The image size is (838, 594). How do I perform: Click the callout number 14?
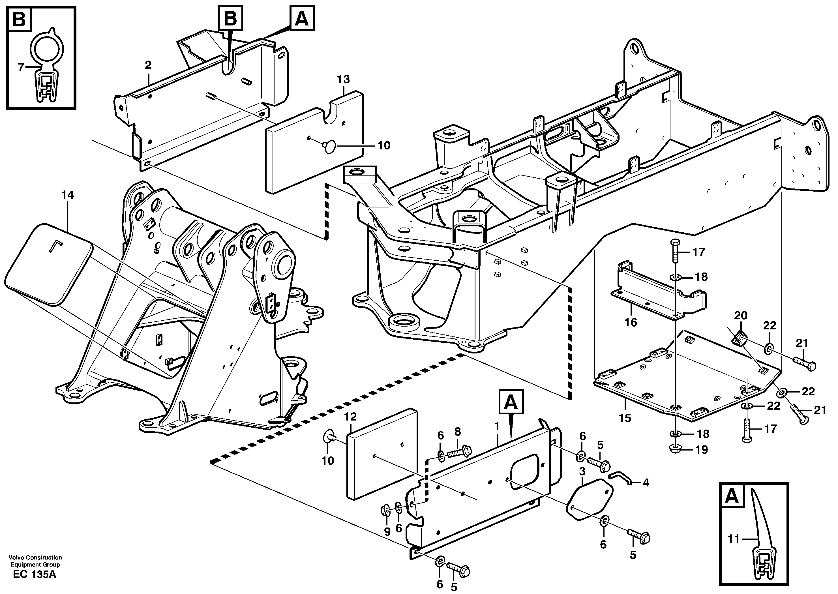pos(67,195)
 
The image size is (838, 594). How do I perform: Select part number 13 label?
pos(343,79)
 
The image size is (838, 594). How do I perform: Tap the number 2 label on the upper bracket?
pos(148,65)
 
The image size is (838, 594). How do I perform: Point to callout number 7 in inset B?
pos(21,67)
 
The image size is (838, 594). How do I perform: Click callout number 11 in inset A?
pos(733,539)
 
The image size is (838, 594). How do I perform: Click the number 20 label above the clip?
pos(741,315)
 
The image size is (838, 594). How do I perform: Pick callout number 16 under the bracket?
pos(631,322)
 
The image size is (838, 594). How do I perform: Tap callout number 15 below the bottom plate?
pos(625,418)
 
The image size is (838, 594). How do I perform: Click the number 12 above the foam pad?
pos(350,417)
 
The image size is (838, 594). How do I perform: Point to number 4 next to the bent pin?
pos(646,483)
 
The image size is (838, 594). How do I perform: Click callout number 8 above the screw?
pos(458,432)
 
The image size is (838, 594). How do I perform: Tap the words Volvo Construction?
pos(35,557)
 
